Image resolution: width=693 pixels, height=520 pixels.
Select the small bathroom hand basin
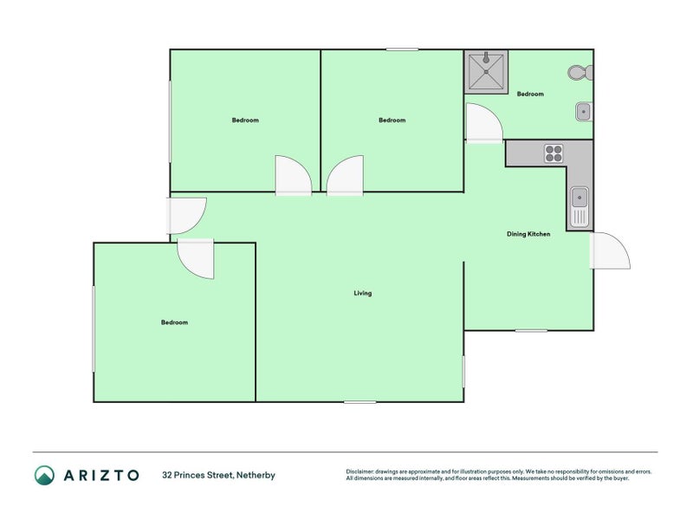click(x=584, y=112)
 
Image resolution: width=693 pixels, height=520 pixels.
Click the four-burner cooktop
click(x=554, y=153)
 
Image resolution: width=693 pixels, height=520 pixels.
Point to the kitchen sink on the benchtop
click(x=580, y=206)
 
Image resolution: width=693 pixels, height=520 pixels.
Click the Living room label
click(x=362, y=293)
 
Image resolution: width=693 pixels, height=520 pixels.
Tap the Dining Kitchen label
click(x=528, y=234)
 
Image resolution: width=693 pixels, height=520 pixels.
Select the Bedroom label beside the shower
click(x=530, y=94)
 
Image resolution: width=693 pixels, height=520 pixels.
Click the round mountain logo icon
click(x=44, y=475)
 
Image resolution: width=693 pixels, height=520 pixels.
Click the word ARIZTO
click(x=100, y=475)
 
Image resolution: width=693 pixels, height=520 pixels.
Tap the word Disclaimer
click(x=363, y=471)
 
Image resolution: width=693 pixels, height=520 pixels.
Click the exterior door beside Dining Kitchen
click(x=608, y=251)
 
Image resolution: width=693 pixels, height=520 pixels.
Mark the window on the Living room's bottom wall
click(x=359, y=401)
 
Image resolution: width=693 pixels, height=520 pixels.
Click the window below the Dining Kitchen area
click(x=531, y=330)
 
